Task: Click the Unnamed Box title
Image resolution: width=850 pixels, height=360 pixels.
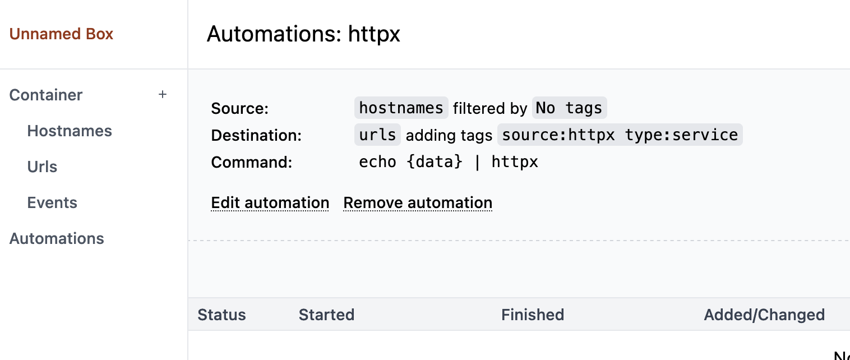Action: point(61,34)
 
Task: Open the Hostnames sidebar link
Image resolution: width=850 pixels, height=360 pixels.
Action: point(70,131)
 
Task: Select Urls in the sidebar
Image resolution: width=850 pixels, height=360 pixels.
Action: point(42,167)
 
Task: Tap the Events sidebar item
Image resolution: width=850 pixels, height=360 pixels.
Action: point(52,203)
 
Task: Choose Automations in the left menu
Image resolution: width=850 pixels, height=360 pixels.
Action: point(57,239)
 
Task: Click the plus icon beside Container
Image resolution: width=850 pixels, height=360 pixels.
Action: point(163,95)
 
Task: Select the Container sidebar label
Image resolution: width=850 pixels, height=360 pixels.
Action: point(46,95)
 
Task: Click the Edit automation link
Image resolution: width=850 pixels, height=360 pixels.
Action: point(270,203)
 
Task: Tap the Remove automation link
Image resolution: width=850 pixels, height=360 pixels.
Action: point(418,203)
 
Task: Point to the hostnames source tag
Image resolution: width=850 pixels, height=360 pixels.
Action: point(401,108)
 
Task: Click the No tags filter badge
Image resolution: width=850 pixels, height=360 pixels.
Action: point(569,108)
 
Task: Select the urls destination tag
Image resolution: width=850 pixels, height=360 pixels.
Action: point(377,135)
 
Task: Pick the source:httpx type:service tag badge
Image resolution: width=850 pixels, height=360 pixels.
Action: point(620,135)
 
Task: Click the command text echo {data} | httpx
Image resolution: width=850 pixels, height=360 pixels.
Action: point(448,162)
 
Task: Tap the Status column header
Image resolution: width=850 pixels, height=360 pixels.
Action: point(221,315)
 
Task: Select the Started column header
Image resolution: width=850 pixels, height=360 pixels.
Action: point(326,315)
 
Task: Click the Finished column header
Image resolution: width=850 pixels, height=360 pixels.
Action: point(532,315)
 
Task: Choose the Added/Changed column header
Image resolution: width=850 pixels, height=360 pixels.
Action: point(764,315)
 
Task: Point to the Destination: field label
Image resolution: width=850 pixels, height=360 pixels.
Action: point(256,136)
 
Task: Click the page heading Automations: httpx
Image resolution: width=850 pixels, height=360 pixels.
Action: point(303,34)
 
